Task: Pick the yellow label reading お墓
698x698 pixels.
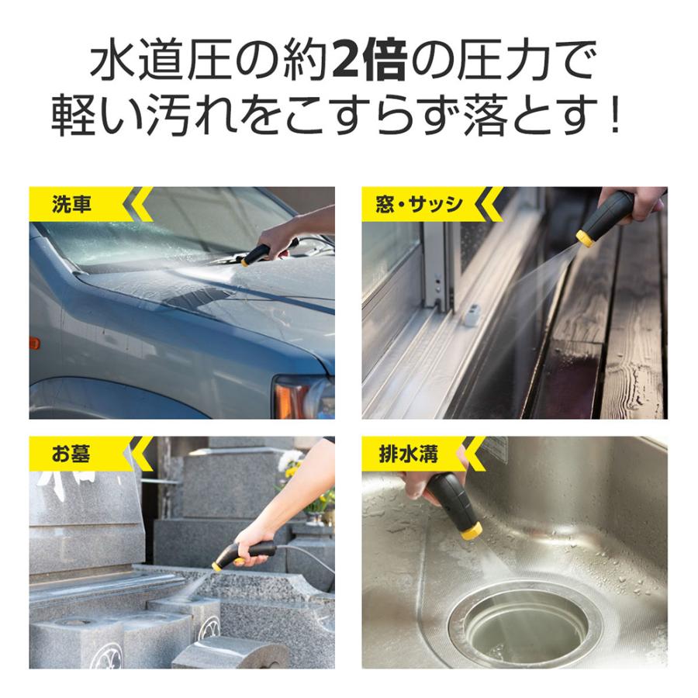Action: click(71, 453)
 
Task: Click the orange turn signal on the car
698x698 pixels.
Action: click(34, 342)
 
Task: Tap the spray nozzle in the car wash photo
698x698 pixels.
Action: click(257, 254)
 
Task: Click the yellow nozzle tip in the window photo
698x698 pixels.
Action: click(586, 237)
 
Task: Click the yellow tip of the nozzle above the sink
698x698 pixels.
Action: click(469, 531)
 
